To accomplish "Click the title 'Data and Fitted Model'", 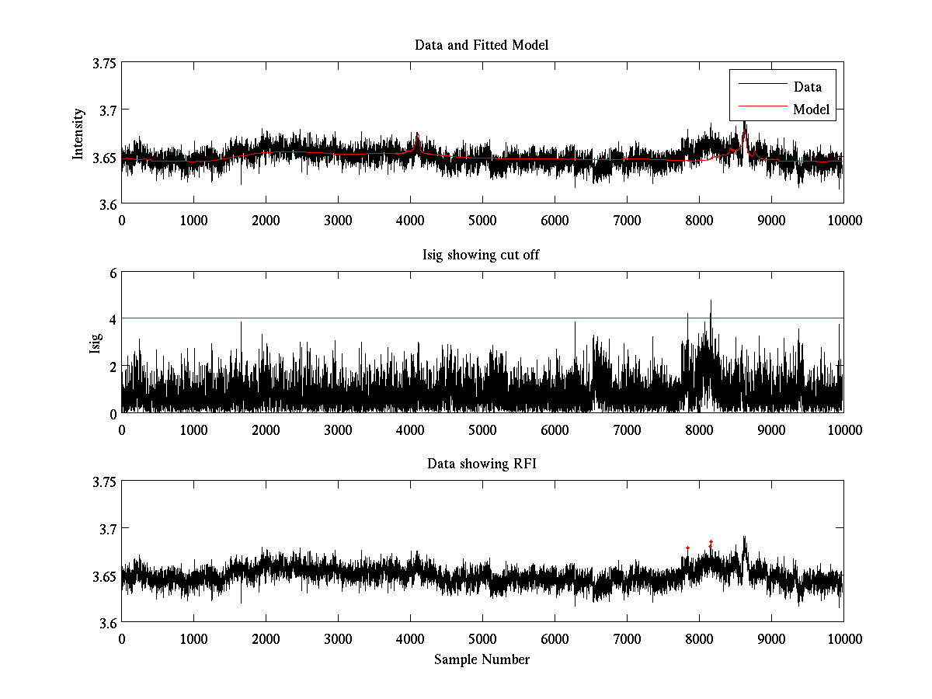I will click(x=482, y=45).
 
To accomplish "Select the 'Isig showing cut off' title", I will click(x=482, y=255).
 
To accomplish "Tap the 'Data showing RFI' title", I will click(x=482, y=464).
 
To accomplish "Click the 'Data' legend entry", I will click(x=807, y=87).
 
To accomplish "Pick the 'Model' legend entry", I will click(x=811, y=110).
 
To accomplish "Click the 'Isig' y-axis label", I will click(x=96, y=343).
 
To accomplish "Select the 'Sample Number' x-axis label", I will click(x=482, y=659).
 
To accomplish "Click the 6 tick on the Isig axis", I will click(x=113, y=273).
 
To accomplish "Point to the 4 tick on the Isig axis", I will click(x=113, y=319).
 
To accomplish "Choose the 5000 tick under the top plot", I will click(x=482, y=221).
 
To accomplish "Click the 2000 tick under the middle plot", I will click(x=266, y=429).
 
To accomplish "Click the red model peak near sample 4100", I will click(x=417, y=137).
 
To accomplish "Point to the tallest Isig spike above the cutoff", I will click(x=710, y=301).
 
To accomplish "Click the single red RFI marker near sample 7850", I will click(x=687, y=548).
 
